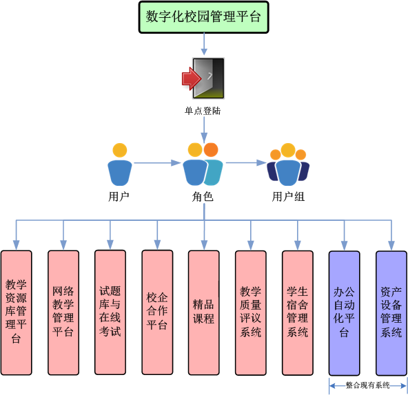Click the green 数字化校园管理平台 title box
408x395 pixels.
(204, 17)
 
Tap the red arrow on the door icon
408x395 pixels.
(192, 78)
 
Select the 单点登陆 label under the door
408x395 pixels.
(203, 111)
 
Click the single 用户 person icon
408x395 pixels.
(120, 164)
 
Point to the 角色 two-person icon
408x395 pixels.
(203, 164)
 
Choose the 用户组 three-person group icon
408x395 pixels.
(288, 164)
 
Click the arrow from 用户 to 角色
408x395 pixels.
(157, 163)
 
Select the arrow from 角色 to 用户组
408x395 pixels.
(246, 162)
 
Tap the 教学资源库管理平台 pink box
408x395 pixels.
(16, 312)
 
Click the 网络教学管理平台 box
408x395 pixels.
(63, 312)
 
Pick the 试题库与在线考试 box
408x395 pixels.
(110, 312)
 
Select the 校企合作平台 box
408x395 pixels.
(157, 312)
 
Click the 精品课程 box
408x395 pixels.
(204, 312)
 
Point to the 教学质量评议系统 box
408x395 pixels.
(251, 313)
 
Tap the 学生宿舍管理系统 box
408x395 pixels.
(298, 313)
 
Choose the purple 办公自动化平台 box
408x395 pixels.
(345, 313)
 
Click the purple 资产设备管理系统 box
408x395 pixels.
(391, 313)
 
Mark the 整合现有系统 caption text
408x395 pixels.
(367, 385)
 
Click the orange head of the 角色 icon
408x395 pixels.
(211, 150)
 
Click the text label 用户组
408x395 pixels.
(288, 197)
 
